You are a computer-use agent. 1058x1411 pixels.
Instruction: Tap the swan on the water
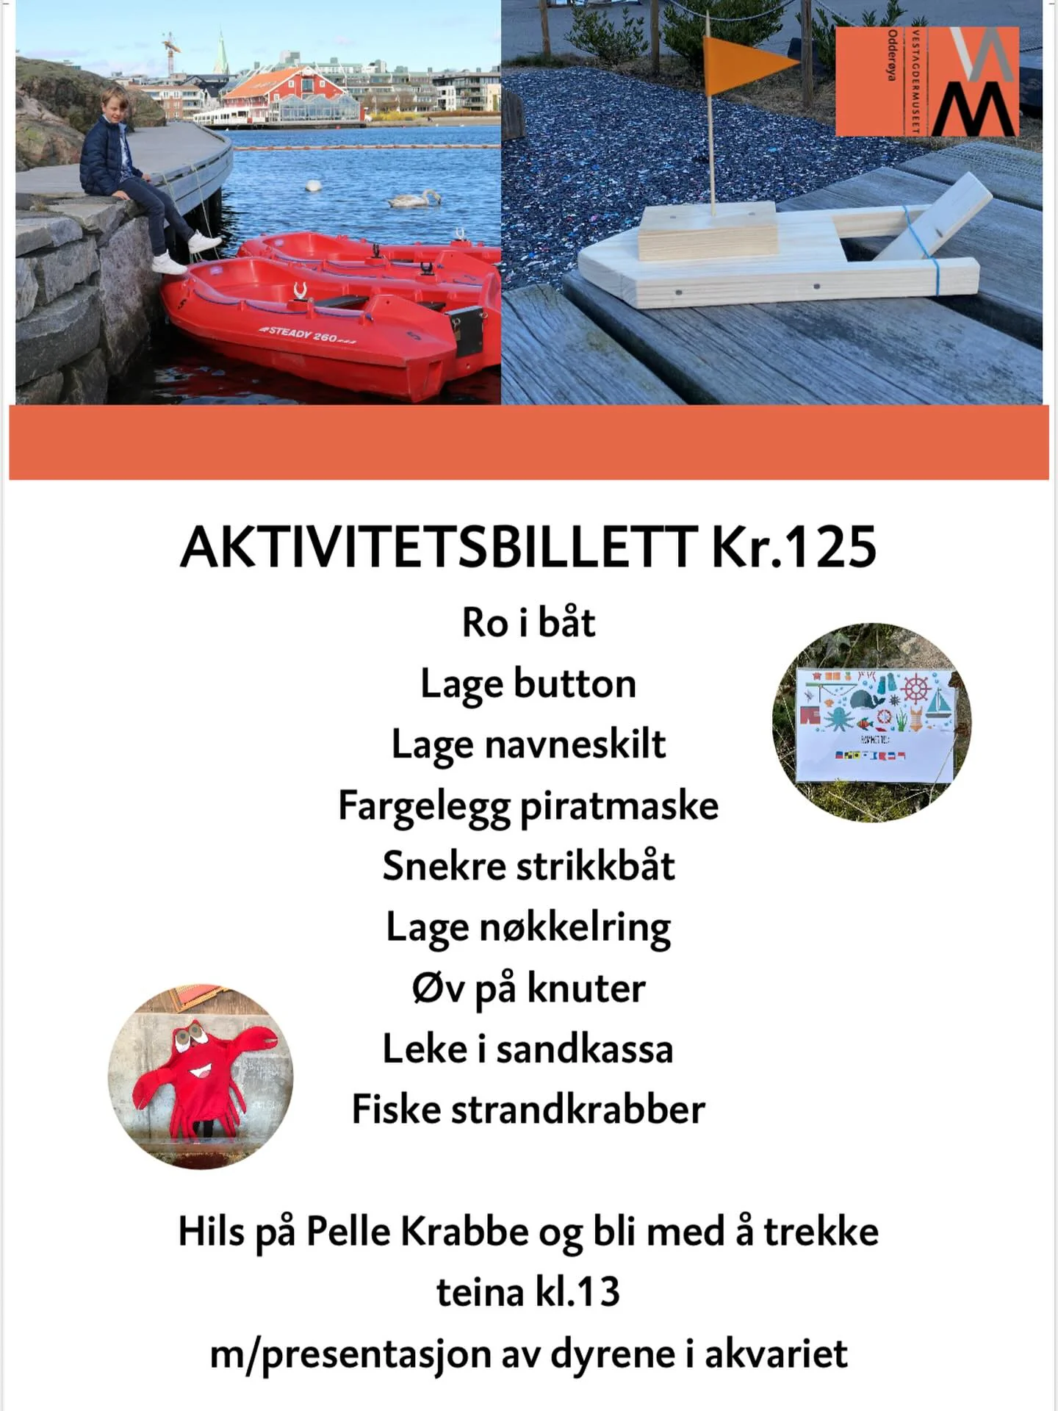tap(415, 198)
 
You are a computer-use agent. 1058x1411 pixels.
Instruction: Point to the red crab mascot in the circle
tap(200, 1077)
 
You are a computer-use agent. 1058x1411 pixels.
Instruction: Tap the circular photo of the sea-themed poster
tap(872, 722)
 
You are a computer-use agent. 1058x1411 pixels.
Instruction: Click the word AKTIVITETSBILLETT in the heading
tap(439, 548)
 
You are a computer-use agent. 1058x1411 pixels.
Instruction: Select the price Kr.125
tap(794, 548)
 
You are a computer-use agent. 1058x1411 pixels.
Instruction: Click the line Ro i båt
tap(528, 623)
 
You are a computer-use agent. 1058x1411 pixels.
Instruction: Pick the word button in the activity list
tap(575, 684)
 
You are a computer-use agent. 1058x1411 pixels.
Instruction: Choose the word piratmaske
tap(619, 805)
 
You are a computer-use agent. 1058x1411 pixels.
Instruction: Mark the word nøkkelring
tap(575, 927)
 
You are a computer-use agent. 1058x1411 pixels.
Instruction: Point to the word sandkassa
tap(585, 1049)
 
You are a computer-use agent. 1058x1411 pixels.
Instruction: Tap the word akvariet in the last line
tap(776, 1354)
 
